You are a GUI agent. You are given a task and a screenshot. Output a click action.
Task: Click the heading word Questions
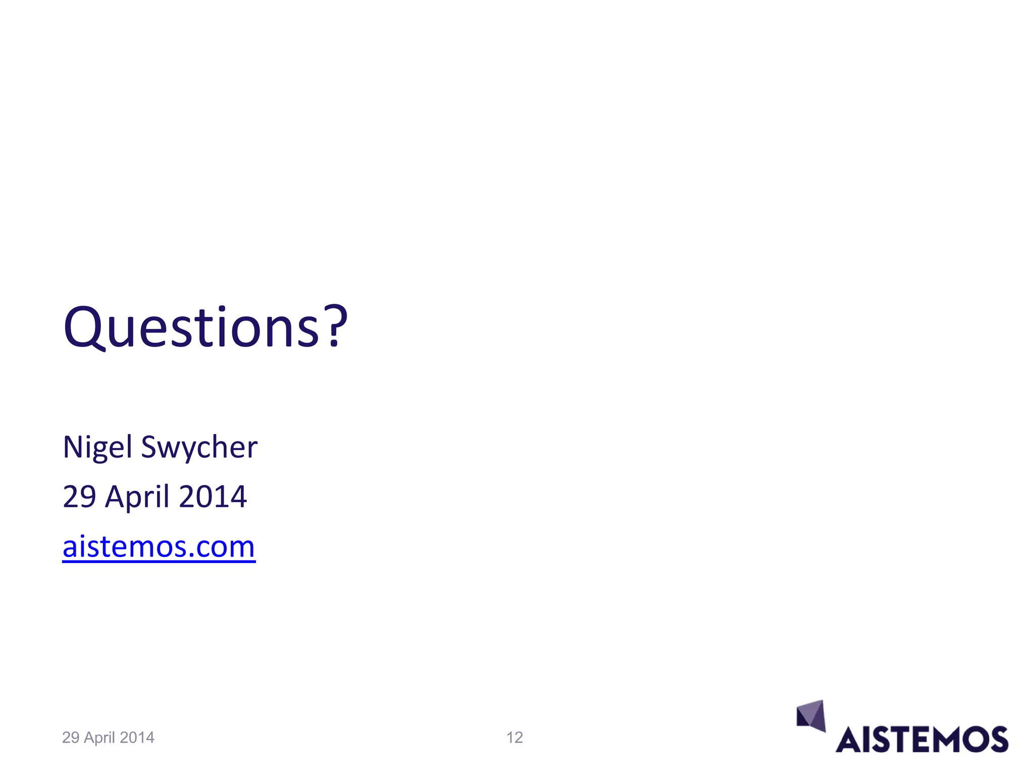[192, 328]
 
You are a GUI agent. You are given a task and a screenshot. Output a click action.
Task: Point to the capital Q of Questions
[83, 328]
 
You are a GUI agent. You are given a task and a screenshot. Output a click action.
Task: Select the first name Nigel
[97, 448]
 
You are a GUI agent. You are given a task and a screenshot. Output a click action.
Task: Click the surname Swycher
[199, 448]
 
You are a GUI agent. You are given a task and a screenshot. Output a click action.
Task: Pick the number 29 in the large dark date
[79, 496]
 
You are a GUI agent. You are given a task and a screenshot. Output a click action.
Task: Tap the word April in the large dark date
[137, 497]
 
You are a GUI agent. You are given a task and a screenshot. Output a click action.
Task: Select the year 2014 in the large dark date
[213, 496]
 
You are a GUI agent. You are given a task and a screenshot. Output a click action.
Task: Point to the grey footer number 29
[71, 738]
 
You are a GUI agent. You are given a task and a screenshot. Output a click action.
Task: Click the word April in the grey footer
[100, 738]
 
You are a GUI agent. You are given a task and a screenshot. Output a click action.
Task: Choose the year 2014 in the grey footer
[137, 738]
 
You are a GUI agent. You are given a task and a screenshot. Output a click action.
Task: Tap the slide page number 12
[514, 738]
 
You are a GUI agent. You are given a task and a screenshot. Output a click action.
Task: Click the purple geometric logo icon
[811, 715]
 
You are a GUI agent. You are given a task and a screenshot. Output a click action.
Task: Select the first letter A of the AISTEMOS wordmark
[850, 740]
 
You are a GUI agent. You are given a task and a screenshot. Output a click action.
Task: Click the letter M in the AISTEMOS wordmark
[939, 740]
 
